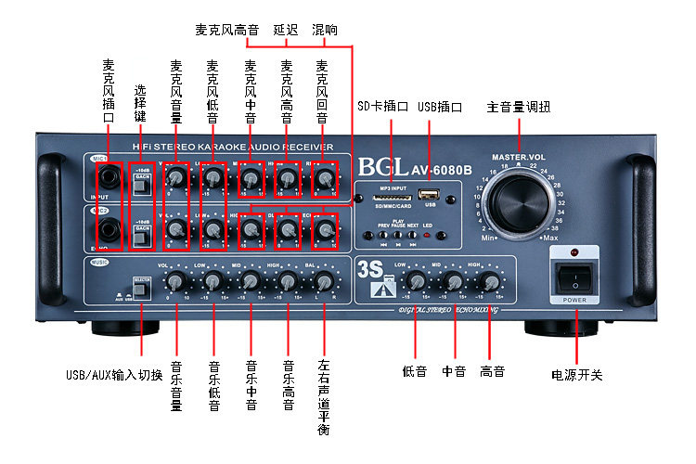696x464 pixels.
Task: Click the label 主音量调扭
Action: [518, 108]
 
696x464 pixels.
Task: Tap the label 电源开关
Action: [576, 375]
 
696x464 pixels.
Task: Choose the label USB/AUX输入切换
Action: [114, 375]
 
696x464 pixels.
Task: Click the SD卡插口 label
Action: [383, 107]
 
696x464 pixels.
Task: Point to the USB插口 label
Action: [440, 107]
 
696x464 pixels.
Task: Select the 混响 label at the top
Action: [325, 30]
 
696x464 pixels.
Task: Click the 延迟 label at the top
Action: [286, 30]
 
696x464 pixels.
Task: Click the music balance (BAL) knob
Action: [323, 282]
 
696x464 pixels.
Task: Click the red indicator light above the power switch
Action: [575, 251]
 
